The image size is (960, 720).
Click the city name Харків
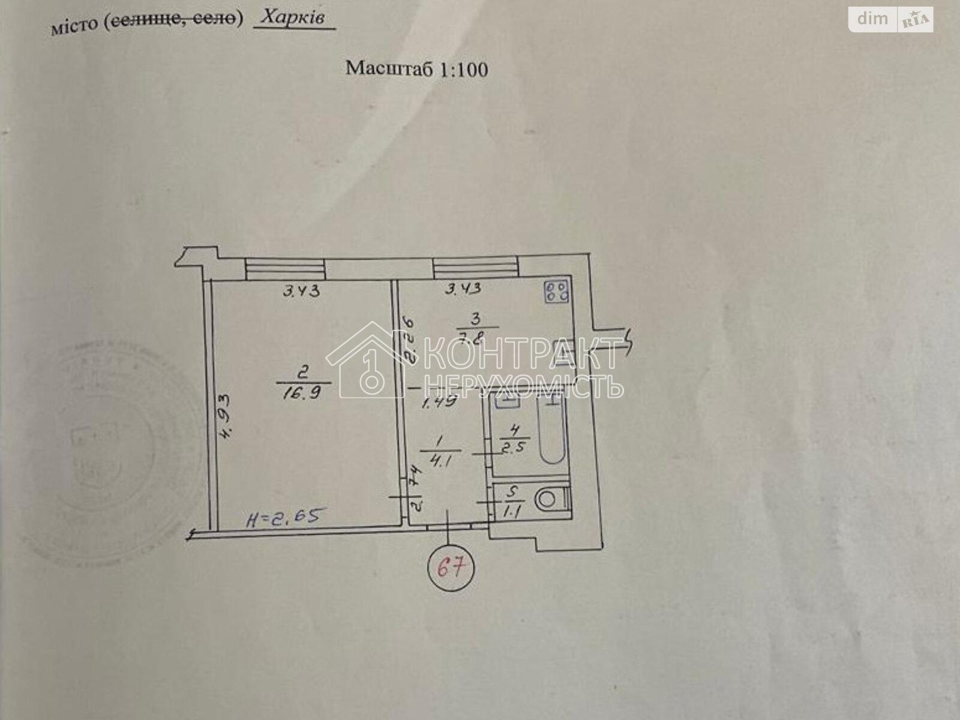[294, 17]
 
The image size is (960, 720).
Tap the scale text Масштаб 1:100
[416, 68]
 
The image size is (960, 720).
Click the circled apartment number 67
[451, 566]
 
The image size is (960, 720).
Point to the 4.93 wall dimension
[224, 418]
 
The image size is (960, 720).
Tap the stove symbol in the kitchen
[557, 292]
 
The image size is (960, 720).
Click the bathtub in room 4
[551, 430]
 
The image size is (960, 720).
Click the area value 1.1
[511, 512]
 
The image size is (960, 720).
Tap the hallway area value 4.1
[437, 462]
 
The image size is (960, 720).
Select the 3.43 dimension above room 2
[302, 292]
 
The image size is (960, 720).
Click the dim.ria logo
[890, 19]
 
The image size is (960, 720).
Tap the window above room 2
[286, 268]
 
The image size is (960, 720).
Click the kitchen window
[475, 267]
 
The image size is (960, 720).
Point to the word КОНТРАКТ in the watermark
[521, 354]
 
